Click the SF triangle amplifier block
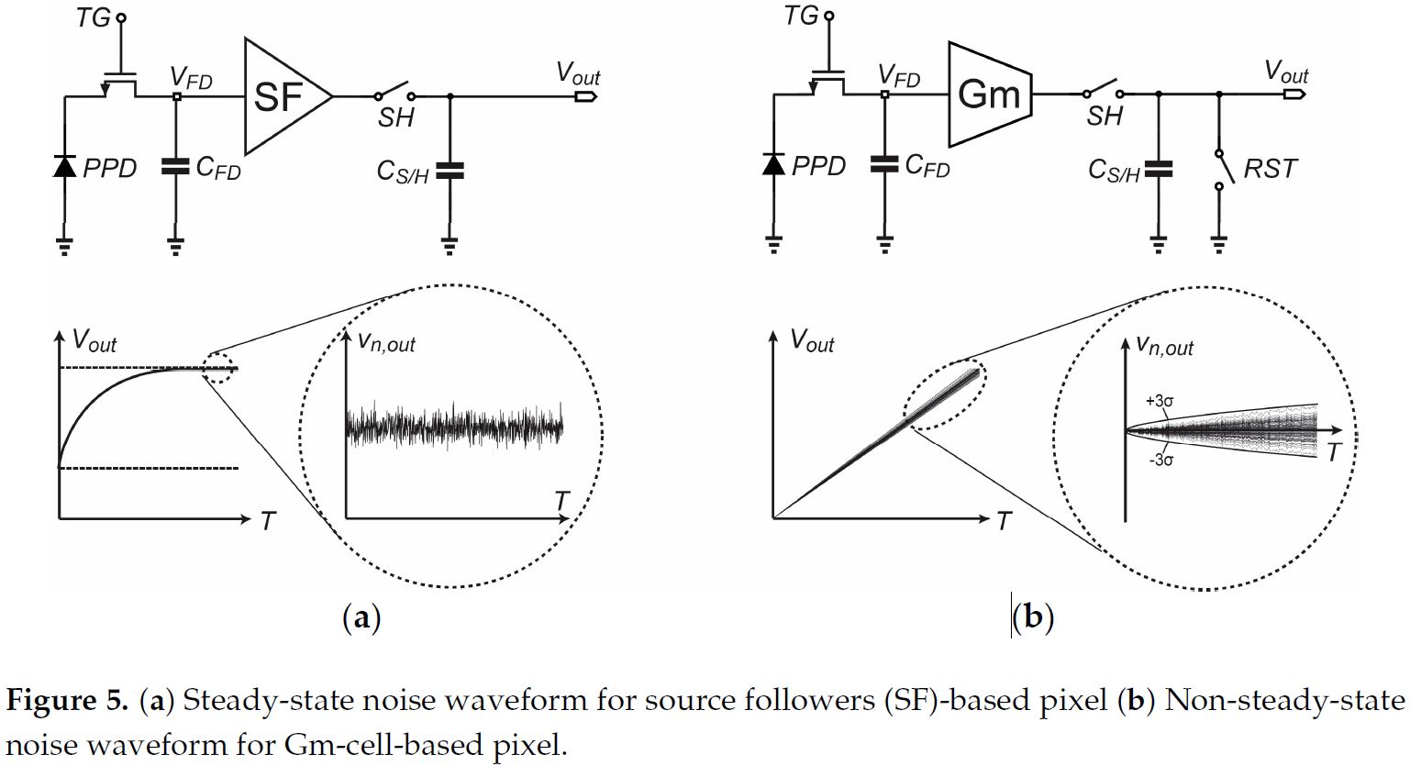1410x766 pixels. [x=283, y=95]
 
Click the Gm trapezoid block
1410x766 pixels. [x=988, y=94]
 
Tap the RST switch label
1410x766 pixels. [x=1271, y=169]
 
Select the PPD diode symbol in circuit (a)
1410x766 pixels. [x=64, y=166]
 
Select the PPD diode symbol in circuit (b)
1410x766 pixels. [x=773, y=164]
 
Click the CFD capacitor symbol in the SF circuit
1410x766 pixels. [x=174, y=166]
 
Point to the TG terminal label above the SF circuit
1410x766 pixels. [x=94, y=17]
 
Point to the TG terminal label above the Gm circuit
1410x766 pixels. [x=802, y=16]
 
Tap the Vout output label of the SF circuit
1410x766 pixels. [x=578, y=74]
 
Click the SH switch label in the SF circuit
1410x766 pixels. [x=396, y=117]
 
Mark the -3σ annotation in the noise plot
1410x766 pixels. [x=1160, y=460]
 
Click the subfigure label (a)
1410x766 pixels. [x=361, y=617]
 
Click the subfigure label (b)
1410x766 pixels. [x=1034, y=617]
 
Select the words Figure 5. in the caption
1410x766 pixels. [x=68, y=702]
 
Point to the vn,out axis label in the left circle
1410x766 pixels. [x=386, y=343]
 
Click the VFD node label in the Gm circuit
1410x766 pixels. [x=898, y=76]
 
